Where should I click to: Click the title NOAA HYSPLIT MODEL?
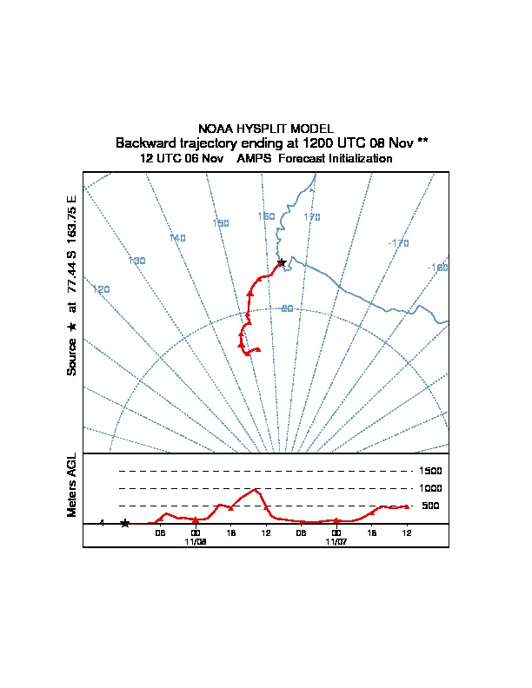click(x=266, y=129)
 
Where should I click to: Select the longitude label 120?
click(x=102, y=289)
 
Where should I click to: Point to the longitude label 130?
click(x=137, y=261)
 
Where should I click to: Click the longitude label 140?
click(x=177, y=238)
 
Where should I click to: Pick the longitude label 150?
click(x=221, y=223)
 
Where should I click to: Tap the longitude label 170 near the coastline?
click(x=312, y=217)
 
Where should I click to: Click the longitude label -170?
click(x=398, y=243)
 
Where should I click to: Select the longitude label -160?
click(x=437, y=268)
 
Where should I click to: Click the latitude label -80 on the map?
click(x=287, y=308)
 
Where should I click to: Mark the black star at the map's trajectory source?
click(x=282, y=263)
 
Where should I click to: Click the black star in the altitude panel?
click(x=125, y=523)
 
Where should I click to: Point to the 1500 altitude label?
click(x=430, y=471)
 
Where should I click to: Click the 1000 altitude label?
click(x=430, y=488)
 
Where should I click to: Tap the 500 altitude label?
click(x=430, y=506)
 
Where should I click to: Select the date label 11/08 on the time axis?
click(x=196, y=542)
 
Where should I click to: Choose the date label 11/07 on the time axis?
click(x=336, y=542)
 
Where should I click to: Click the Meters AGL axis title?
click(x=72, y=485)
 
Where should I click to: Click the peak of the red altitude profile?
click(x=255, y=489)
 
